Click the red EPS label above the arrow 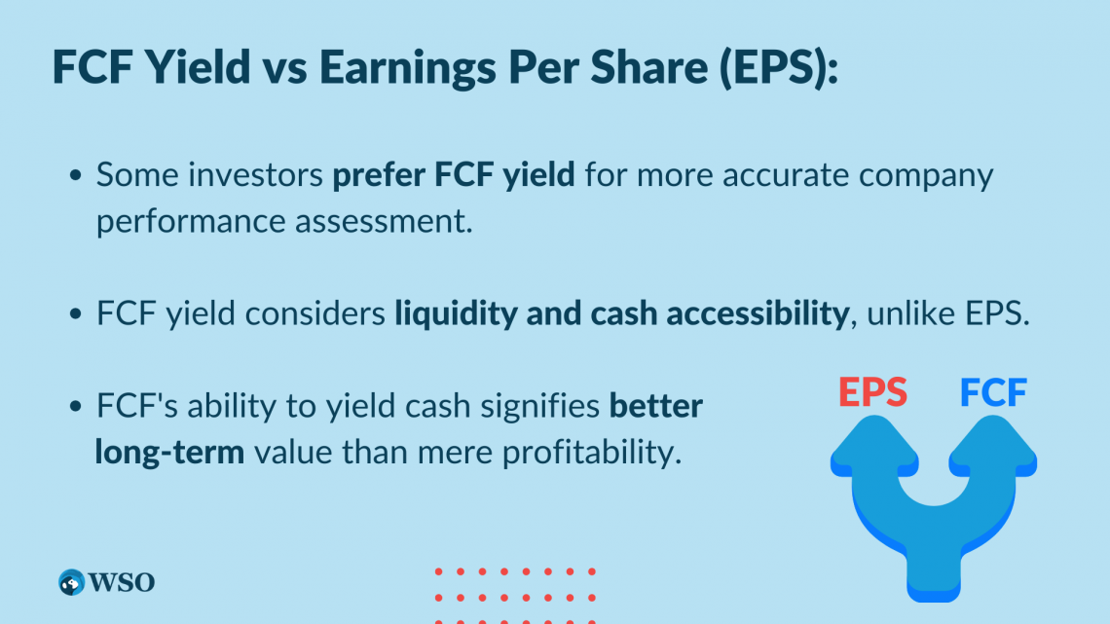pos(872,392)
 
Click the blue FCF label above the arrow pos(993,392)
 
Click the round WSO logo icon pos(71,582)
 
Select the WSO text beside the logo pos(122,582)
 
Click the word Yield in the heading pos(198,67)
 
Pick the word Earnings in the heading pos(409,68)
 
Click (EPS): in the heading pos(779,68)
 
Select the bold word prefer pos(379,175)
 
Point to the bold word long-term pos(169,452)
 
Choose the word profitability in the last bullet pos(592,452)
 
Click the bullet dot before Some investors pos(76,175)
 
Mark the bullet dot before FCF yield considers pos(76,313)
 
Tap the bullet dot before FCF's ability pos(76,406)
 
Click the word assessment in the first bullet pos(384,221)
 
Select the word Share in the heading pos(649,67)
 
